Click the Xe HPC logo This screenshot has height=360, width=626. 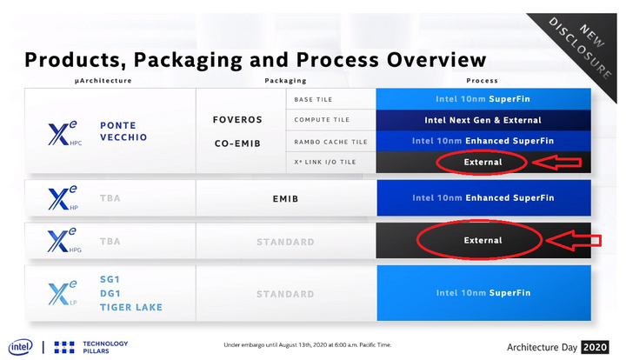(64, 133)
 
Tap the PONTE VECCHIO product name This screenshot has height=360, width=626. (123, 131)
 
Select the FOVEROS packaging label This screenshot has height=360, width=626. (237, 120)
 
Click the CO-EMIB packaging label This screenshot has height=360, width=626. (237, 143)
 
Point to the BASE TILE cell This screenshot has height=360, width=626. (331, 99)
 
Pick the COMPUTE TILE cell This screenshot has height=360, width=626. (331, 120)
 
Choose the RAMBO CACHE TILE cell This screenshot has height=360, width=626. (331, 141)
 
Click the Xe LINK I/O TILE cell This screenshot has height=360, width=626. (331, 162)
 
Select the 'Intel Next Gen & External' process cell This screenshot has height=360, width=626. (483, 120)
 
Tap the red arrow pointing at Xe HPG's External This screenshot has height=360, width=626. (574, 240)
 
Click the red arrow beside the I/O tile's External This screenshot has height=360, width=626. (556, 162)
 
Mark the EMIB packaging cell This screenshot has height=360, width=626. (286, 198)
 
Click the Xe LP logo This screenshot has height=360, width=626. (63, 293)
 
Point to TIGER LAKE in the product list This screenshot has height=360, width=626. (131, 307)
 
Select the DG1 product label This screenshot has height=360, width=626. (110, 293)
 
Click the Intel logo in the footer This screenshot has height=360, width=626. (20, 347)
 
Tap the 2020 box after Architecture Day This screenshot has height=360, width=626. (595, 347)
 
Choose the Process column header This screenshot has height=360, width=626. (483, 81)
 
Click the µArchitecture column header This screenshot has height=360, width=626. (103, 81)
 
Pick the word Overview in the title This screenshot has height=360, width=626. (436, 60)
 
